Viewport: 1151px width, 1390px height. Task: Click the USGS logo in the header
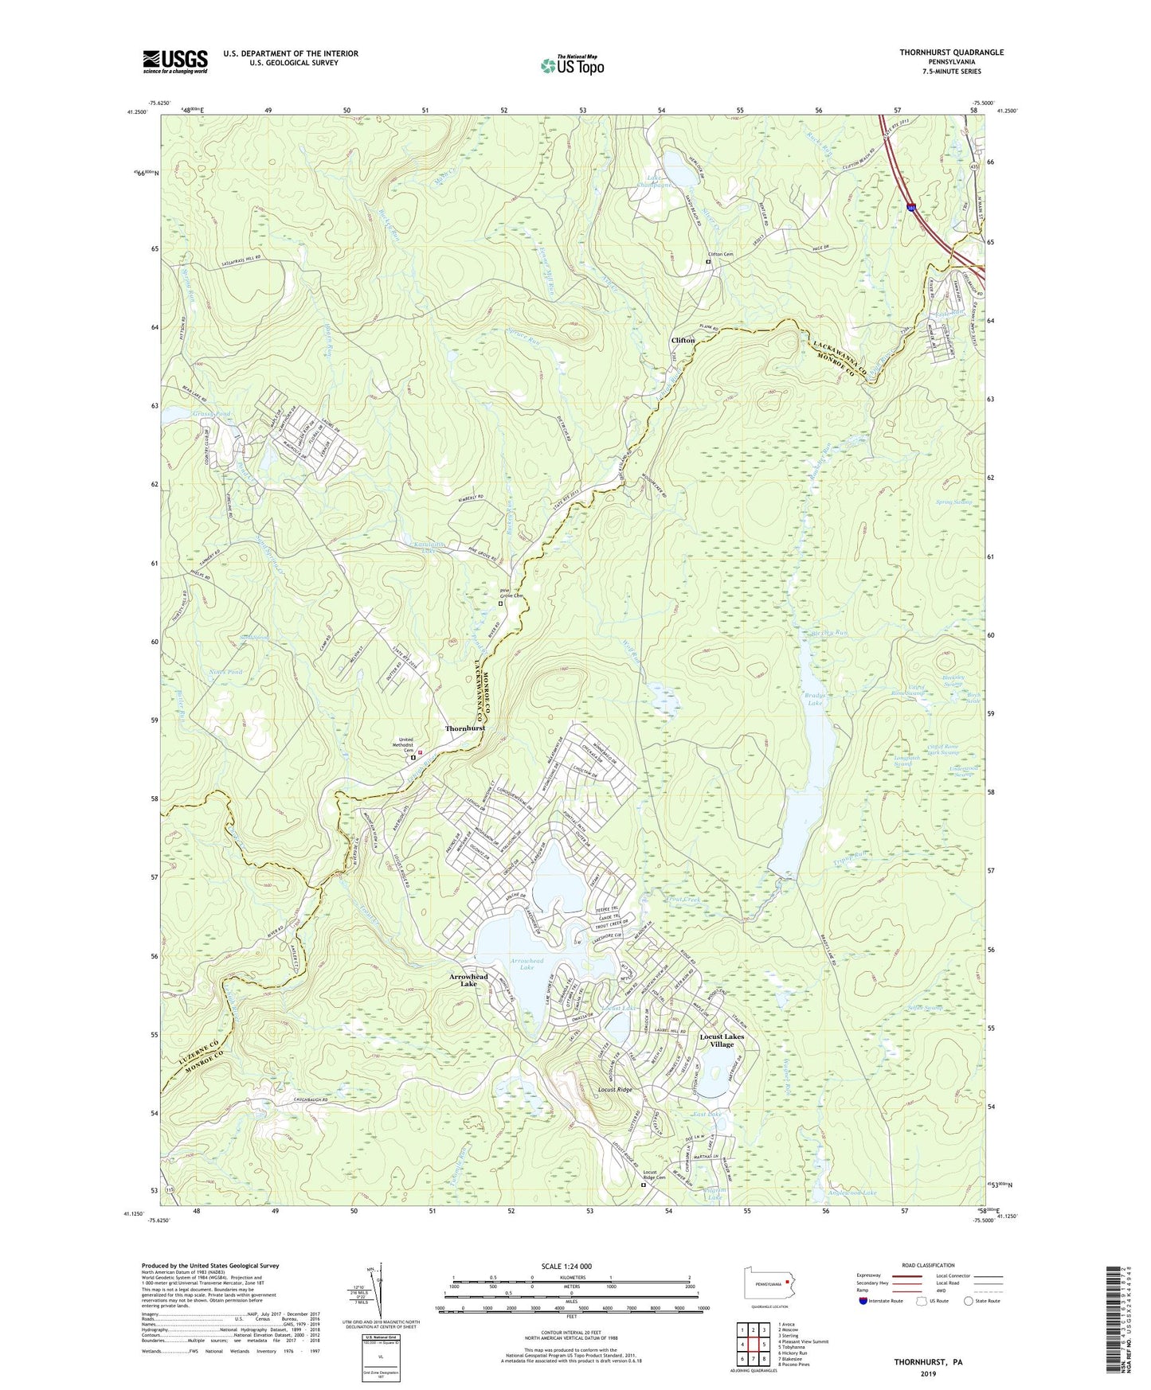point(175,61)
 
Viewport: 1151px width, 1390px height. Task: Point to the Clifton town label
point(683,340)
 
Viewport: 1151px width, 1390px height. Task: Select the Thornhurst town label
point(464,728)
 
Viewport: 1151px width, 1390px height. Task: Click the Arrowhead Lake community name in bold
point(468,980)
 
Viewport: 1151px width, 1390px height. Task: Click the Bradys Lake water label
point(813,699)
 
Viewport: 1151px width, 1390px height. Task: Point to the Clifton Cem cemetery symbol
point(707,260)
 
